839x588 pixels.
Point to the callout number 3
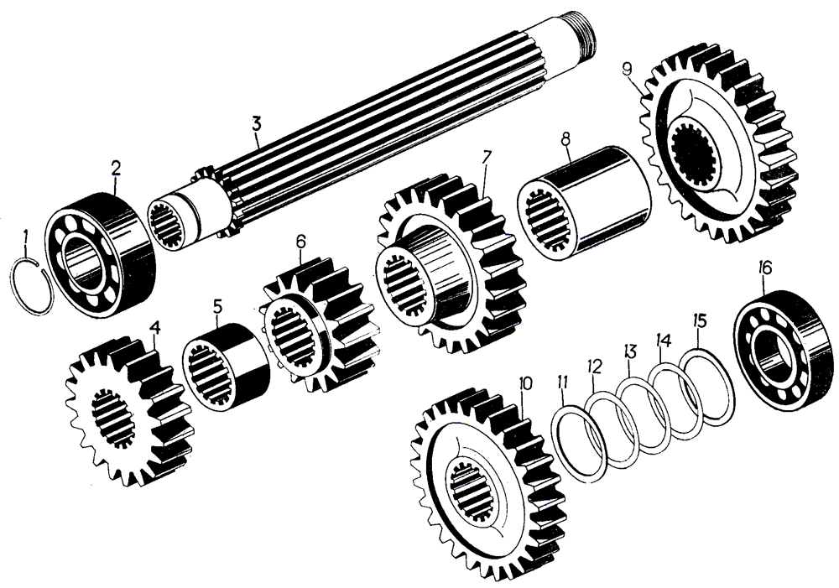257,124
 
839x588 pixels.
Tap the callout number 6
300,242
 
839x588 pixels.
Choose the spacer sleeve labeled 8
584,204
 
